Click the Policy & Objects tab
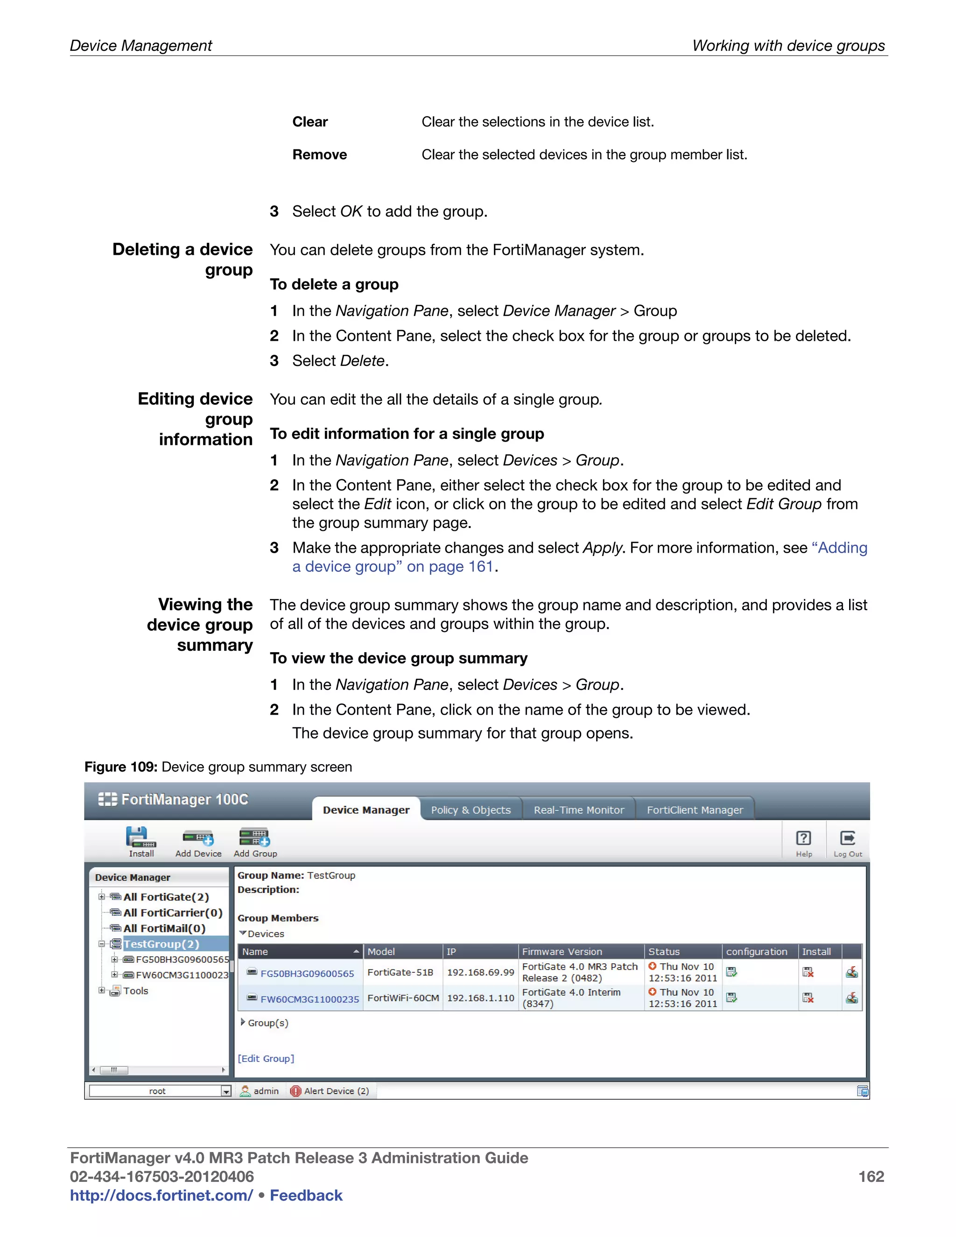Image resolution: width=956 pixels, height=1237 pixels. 471,810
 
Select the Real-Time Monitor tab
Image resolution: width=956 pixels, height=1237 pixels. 578,810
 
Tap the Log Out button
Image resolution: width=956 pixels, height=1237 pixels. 847,841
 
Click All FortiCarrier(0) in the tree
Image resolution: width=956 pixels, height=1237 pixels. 172,913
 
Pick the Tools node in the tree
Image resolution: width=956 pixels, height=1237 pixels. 135,991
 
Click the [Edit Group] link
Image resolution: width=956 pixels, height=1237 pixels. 266,1058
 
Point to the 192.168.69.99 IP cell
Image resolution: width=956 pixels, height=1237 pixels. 480,972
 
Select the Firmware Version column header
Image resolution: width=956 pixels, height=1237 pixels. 562,951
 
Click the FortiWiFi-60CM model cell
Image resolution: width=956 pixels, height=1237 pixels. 403,998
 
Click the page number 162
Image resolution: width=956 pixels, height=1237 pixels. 871,1176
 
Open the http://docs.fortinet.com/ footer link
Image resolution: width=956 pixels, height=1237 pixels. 162,1195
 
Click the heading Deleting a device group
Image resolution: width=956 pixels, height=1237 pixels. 183,260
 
